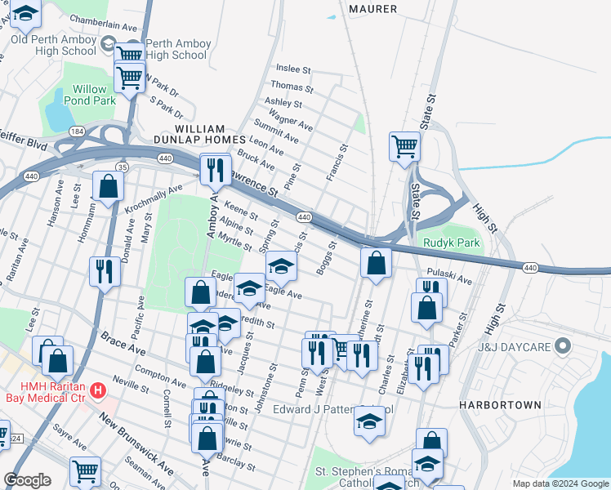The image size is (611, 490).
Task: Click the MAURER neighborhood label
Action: pos(372,9)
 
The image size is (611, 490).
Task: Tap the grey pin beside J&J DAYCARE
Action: pos(561,347)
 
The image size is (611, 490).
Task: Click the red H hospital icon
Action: pos(98,391)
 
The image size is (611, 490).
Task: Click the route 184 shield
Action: pos(77,131)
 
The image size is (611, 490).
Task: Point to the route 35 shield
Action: pos(122,167)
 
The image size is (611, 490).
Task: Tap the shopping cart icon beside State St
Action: pos(404,147)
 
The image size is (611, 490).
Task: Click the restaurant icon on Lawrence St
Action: pos(216,169)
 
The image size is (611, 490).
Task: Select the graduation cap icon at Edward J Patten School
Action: pos(369,421)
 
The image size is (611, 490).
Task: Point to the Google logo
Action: pos(27,480)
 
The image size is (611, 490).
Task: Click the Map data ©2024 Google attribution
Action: pos(560,484)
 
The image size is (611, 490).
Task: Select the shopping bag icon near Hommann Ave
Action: pos(108,185)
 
